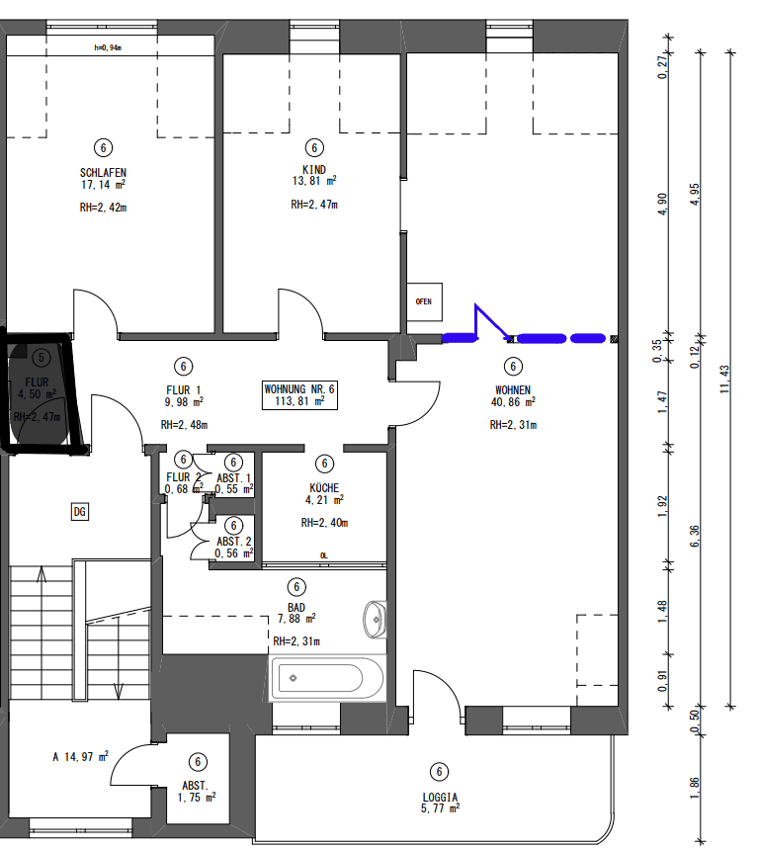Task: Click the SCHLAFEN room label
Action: [103, 170]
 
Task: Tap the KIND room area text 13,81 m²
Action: [313, 182]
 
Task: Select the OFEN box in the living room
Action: [423, 301]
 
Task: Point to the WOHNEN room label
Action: [513, 388]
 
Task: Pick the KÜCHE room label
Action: [323, 487]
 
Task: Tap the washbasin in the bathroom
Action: [376, 619]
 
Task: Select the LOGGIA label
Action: [440, 797]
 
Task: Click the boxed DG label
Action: [80, 511]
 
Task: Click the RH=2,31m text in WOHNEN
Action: [513, 425]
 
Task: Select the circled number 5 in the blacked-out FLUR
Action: [41, 357]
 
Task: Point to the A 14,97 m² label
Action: [80, 758]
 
